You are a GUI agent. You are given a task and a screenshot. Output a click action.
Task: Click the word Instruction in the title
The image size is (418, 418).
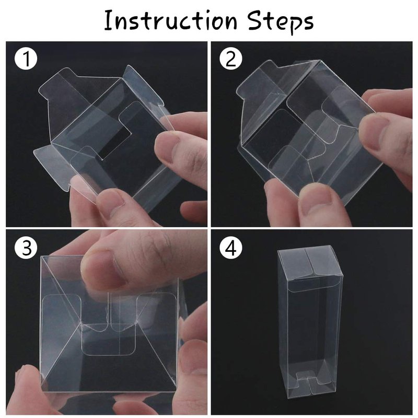tap(170, 20)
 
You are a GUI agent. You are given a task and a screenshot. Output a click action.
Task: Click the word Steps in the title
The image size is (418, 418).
tap(281, 22)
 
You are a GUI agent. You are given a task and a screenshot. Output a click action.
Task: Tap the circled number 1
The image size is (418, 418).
tap(26, 59)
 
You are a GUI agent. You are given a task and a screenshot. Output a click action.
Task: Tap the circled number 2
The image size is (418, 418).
tap(231, 59)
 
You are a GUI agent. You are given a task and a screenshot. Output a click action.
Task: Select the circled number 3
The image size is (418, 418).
tap(26, 248)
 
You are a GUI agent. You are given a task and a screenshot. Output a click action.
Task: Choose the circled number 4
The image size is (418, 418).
tap(231, 248)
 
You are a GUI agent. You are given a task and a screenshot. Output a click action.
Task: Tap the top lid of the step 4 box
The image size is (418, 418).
tap(310, 263)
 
